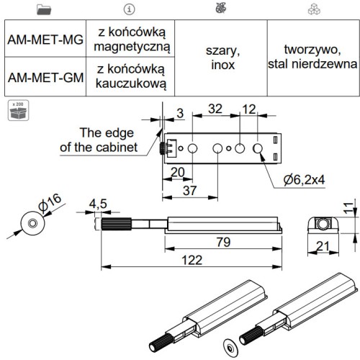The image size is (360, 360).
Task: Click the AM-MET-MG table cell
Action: [x=45, y=39]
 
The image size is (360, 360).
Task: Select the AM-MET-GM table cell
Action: [x=45, y=77]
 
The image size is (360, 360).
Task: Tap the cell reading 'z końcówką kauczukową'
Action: [x=130, y=77]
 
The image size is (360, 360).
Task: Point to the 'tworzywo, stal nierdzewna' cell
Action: [x=312, y=58]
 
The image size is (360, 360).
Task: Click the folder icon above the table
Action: [x=44, y=9]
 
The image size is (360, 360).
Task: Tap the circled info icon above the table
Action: [x=129, y=9]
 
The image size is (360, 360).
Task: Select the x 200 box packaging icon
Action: [x=18, y=110]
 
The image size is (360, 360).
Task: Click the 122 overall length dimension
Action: [x=192, y=260]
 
